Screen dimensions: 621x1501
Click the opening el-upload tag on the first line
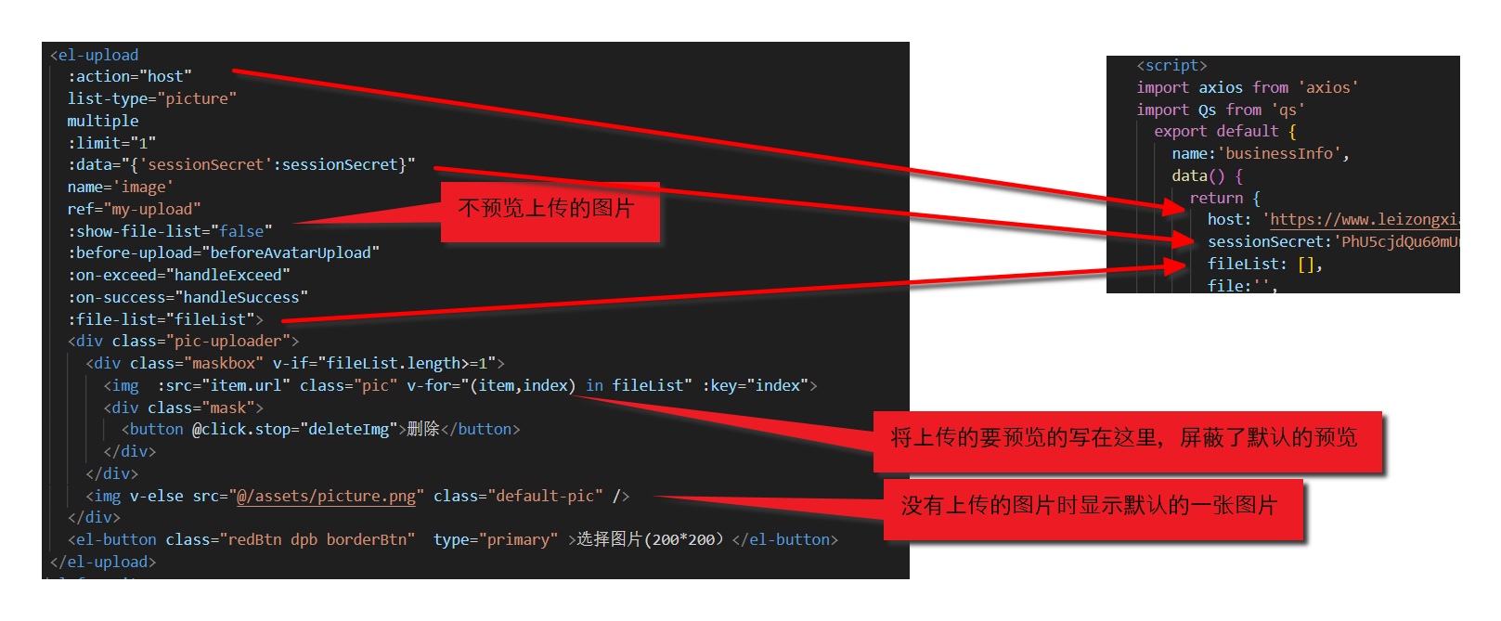94,55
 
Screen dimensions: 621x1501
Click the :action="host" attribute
129,76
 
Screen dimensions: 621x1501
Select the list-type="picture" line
151,98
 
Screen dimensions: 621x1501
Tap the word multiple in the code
102,121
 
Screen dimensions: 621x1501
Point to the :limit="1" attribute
111,143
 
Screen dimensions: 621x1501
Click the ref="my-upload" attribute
134,209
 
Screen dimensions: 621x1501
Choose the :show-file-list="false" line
170,231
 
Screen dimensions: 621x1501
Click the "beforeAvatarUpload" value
294,252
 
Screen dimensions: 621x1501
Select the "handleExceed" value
232,275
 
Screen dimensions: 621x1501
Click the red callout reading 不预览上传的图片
549,210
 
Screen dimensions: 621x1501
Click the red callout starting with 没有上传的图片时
1091,507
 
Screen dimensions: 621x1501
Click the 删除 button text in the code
422,429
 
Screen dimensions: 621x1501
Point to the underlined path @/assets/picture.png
327,496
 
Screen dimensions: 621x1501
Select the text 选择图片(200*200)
649,539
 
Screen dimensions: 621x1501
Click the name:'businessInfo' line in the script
1260,153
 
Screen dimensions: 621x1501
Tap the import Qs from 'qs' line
1220,110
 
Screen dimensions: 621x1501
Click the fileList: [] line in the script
1264,264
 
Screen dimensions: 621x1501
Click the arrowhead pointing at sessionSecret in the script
1184,240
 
